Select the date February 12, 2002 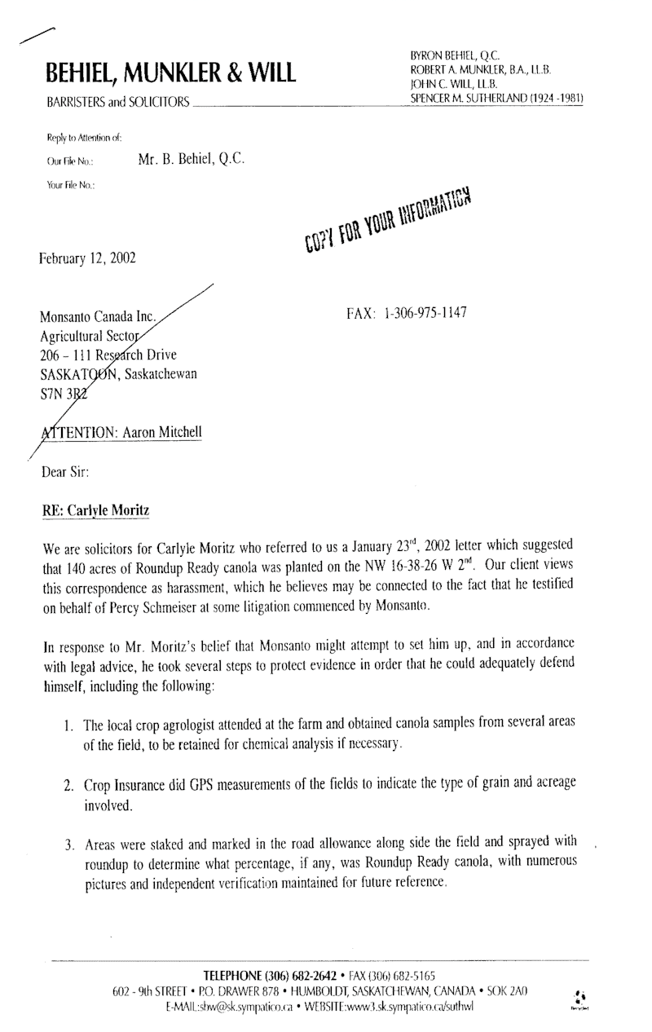pos(87,259)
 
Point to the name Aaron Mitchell pos(161,432)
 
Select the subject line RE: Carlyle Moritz pos(96,510)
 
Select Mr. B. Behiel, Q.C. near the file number pos(192,160)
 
